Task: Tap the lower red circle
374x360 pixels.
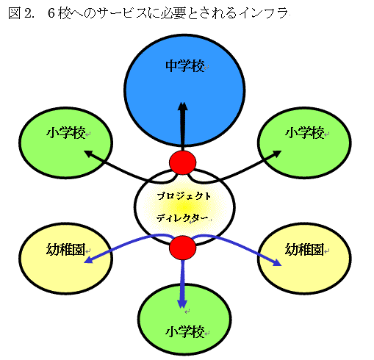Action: [x=181, y=248]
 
